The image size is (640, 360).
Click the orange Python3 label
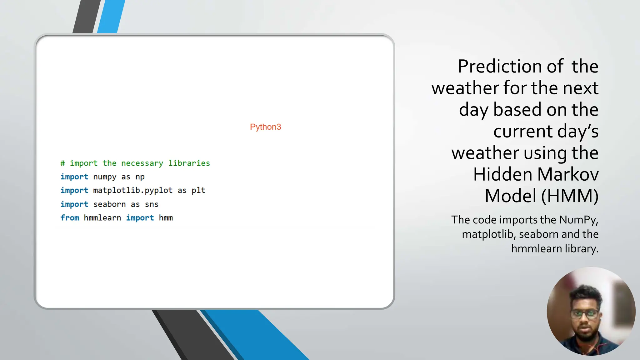(x=265, y=127)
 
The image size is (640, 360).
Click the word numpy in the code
(x=105, y=177)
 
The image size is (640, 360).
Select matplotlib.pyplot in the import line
(x=132, y=190)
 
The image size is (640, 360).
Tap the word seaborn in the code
(x=109, y=204)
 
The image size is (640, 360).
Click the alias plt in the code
(x=198, y=190)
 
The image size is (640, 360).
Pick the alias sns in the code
(x=152, y=204)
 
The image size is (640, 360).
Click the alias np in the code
(x=140, y=177)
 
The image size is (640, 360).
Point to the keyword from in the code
(x=70, y=218)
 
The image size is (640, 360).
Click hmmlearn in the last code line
(x=102, y=218)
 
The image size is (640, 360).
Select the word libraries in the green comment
(x=189, y=163)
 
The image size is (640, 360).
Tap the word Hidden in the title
(x=502, y=174)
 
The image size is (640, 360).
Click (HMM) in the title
(x=570, y=196)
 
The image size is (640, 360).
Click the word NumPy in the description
(x=578, y=220)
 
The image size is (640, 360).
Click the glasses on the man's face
(x=584, y=314)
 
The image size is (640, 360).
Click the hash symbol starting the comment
(x=63, y=163)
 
